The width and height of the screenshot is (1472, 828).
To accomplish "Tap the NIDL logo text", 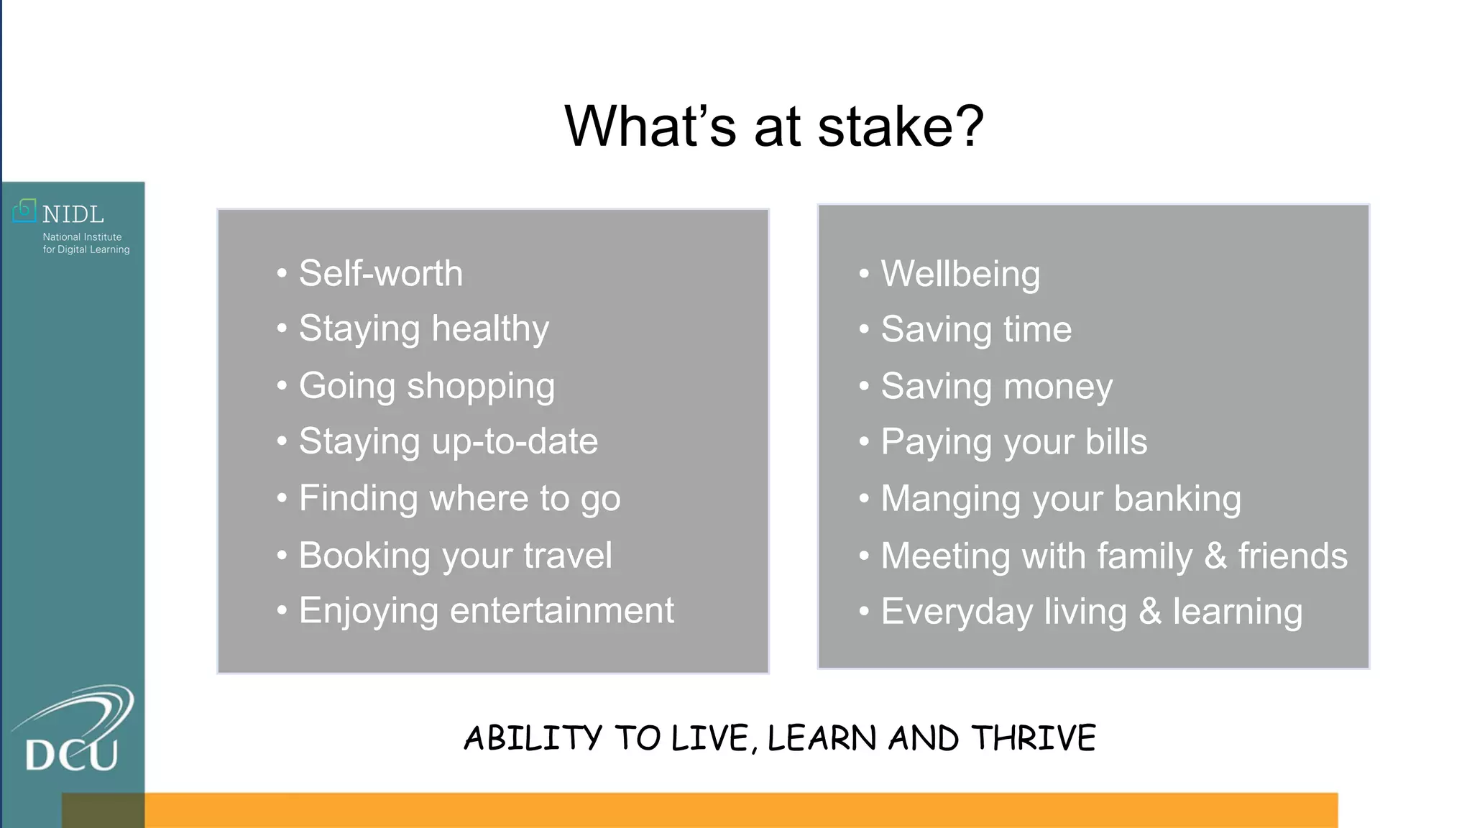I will click(x=73, y=214).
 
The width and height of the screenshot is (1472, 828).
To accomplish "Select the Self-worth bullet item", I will click(x=380, y=274).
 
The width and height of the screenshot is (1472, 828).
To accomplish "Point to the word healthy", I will click(x=490, y=329).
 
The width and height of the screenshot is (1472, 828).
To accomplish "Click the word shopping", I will click(x=481, y=387).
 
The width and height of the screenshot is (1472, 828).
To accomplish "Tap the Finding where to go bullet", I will click(x=459, y=499).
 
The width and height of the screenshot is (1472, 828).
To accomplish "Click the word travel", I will click(x=568, y=556).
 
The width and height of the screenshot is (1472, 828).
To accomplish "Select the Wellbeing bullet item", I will click(x=960, y=274).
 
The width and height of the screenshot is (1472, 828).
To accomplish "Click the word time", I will click(x=1037, y=330).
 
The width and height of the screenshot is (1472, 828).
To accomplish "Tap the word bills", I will click(x=1116, y=441).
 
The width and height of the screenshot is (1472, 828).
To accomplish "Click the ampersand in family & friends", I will click(x=1215, y=556).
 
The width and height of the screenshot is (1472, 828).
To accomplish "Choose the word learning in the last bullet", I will click(x=1237, y=612).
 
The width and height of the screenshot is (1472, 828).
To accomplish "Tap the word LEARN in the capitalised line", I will click(x=822, y=739).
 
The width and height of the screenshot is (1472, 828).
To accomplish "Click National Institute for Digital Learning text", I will click(x=86, y=243).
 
